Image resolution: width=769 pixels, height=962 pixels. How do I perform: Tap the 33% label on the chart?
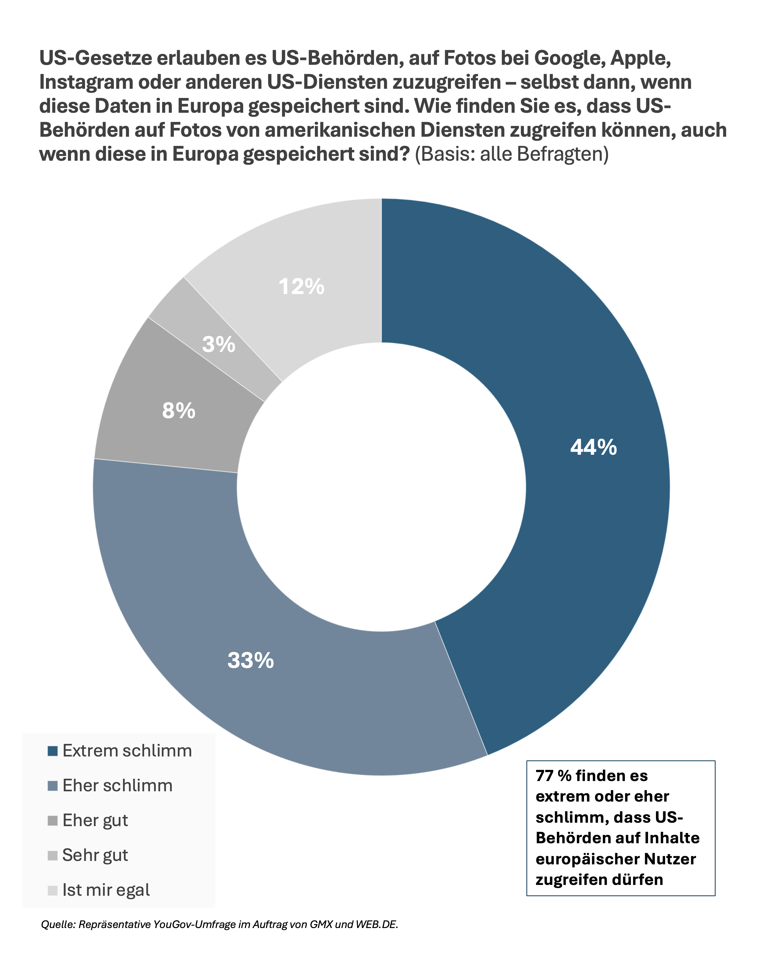250,660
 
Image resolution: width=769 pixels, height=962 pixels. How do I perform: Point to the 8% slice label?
178,410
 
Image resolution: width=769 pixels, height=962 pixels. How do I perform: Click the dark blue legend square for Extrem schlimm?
53,751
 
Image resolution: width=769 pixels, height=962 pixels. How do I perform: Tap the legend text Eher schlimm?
117,786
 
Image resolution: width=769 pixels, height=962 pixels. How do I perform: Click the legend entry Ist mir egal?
106,890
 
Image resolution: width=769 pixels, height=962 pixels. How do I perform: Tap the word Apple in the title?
640,58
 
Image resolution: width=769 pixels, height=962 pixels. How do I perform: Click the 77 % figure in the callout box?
553,776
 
